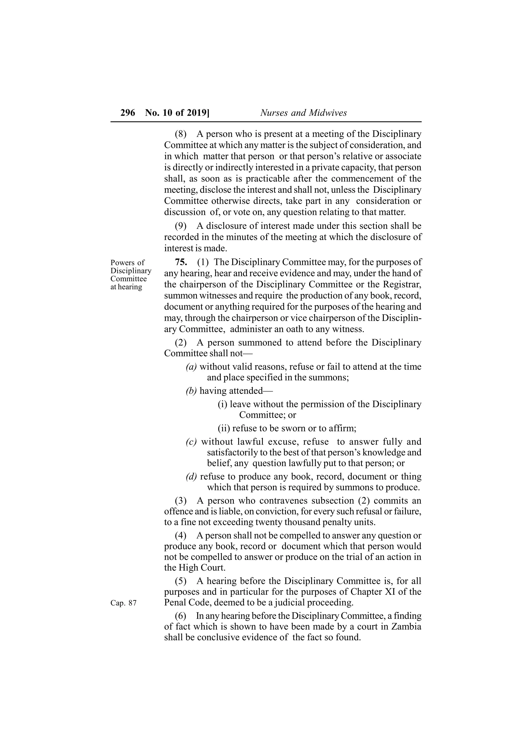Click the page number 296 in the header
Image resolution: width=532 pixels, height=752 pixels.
pyautogui.click(x=128, y=113)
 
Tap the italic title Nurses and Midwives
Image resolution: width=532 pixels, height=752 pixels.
pyautogui.click(x=303, y=113)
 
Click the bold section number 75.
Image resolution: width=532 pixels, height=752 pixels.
pyautogui.click(x=181, y=262)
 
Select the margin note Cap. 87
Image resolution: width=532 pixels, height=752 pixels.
pyautogui.click(x=123, y=603)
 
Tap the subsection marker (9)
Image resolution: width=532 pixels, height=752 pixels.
pyautogui.click(x=181, y=226)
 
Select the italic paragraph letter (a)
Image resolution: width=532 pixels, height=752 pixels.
pyautogui.click(x=191, y=367)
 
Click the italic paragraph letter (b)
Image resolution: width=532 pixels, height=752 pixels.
pyautogui.click(x=191, y=391)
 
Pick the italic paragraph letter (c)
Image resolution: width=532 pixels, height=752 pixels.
pyautogui.click(x=191, y=442)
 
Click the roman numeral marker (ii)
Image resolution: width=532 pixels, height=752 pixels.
pyautogui.click(x=224, y=428)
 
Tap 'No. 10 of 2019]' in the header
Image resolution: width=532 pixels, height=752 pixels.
pyautogui.click(x=177, y=113)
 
